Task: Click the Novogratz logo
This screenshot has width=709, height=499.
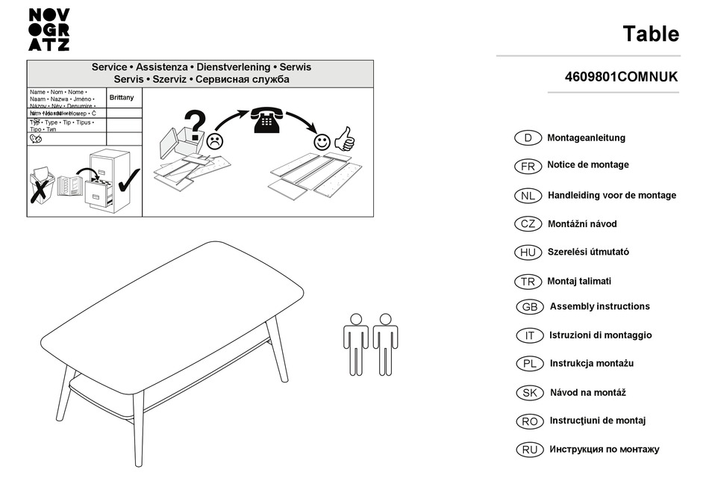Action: point(49,29)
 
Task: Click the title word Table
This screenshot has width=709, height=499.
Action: point(651,34)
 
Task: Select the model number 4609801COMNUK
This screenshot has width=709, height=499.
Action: point(621,77)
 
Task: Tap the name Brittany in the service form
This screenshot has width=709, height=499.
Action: point(122,98)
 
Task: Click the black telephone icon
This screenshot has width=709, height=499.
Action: point(266,120)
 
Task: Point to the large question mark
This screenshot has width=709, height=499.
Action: point(194,125)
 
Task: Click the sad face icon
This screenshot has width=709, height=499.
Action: point(215,140)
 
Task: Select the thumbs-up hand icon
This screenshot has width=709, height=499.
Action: point(344,138)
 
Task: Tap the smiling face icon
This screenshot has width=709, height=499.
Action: point(322,141)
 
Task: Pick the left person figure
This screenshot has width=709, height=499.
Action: point(356,343)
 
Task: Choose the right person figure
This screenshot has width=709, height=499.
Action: point(385,343)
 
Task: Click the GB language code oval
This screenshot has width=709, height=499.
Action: point(529,307)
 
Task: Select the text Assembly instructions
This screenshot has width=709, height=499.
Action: point(599,306)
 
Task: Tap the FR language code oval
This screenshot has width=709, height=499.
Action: point(528,166)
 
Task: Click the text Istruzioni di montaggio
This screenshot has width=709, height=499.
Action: point(600,335)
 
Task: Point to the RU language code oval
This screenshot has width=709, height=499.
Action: point(529,450)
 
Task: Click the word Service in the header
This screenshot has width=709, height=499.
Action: point(109,67)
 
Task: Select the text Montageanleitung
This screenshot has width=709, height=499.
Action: point(586,138)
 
